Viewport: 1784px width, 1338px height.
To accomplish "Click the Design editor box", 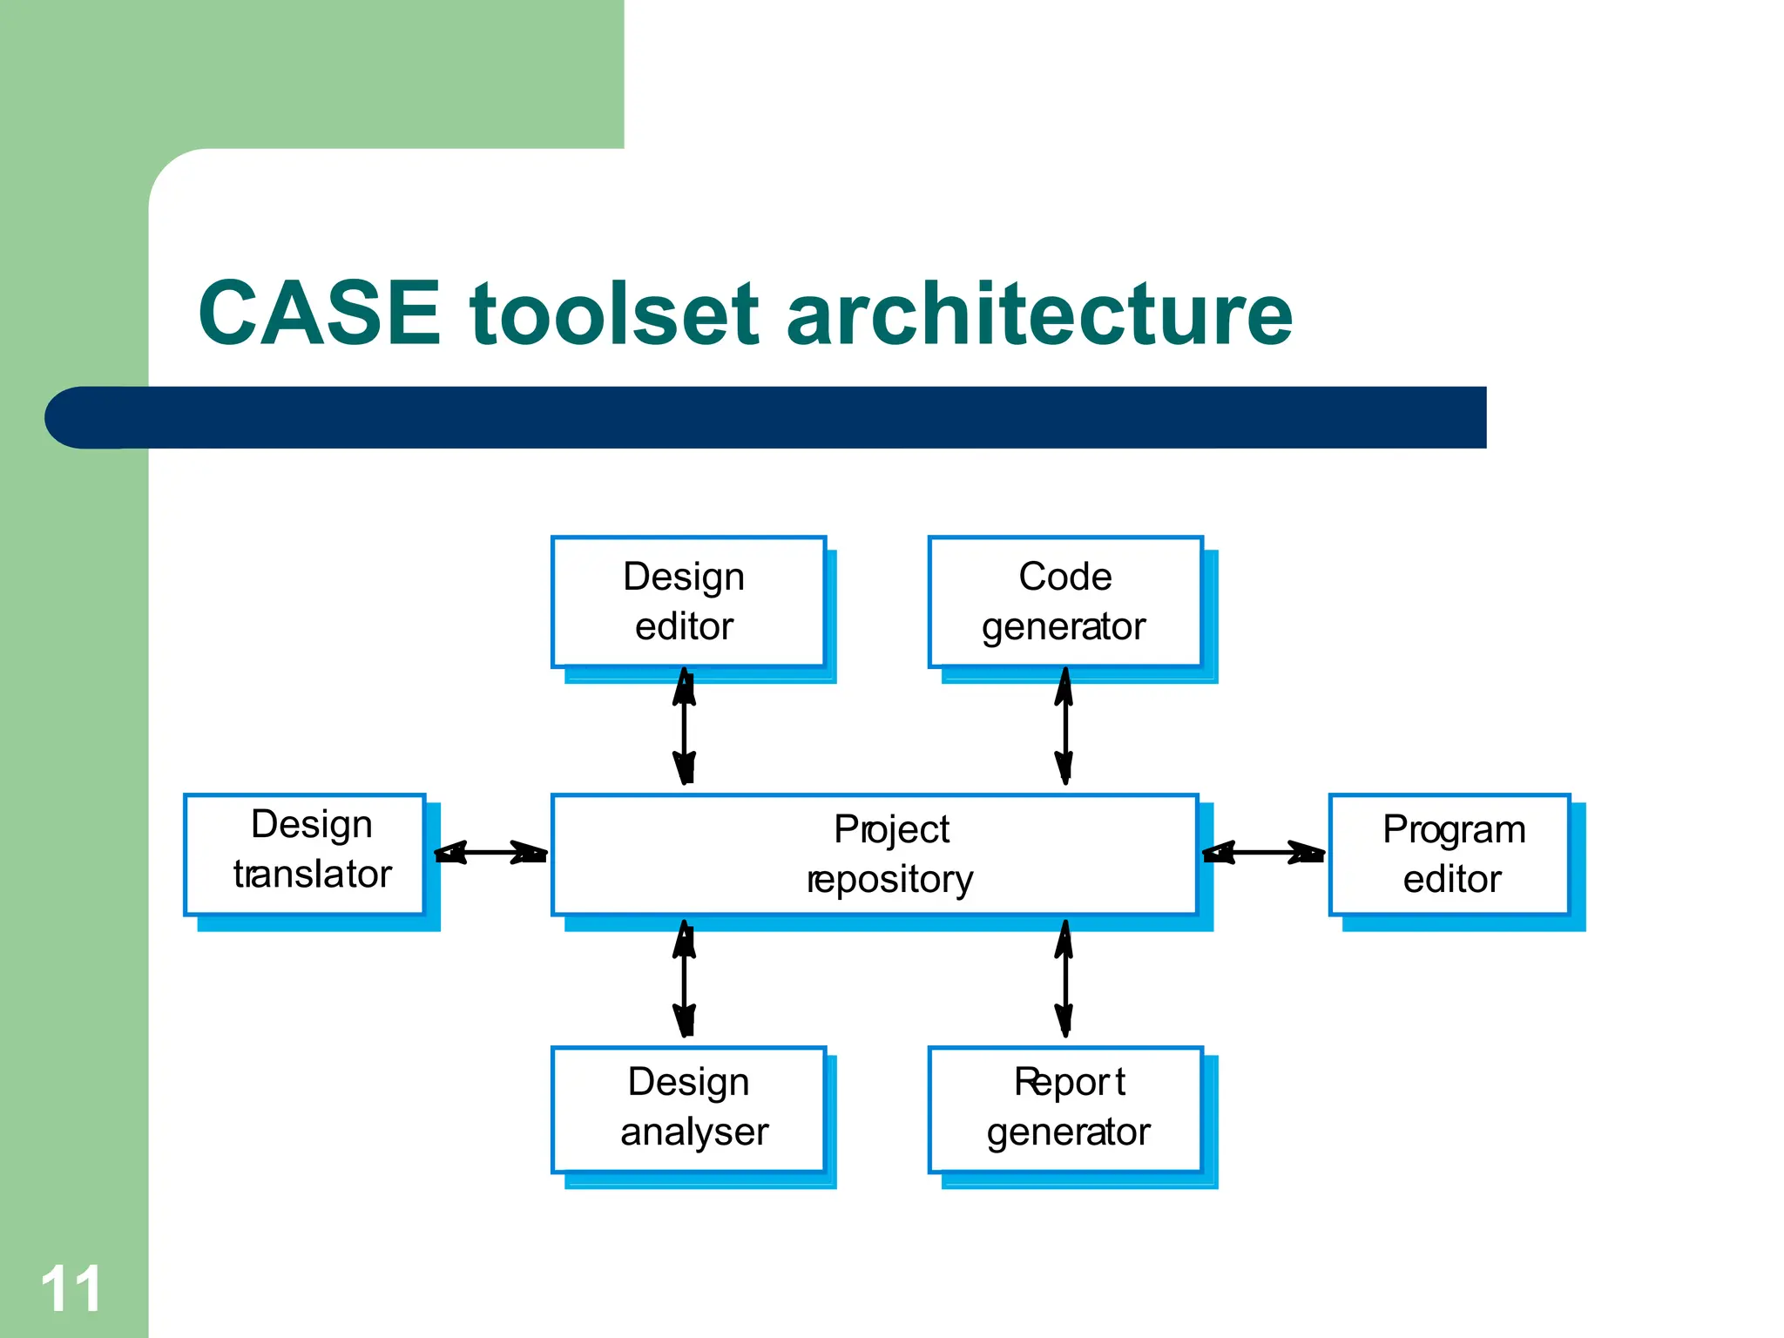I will (x=688, y=601).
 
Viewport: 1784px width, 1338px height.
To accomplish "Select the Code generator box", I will (x=1064, y=601).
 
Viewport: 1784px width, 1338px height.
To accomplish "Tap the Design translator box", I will (x=305, y=854).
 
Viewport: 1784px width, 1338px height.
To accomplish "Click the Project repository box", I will (x=875, y=854).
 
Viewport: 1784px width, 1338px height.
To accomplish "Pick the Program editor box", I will (x=1449, y=854).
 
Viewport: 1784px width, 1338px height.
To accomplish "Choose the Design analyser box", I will (x=688, y=1108).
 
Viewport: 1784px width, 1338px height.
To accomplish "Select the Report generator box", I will (x=1064, y=1108).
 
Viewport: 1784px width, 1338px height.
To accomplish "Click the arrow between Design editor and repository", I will (x=685, y=726).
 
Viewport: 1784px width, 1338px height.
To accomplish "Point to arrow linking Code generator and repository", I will (x=1064, y=726).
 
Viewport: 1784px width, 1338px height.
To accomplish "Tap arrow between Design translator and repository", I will (x=490, y=852).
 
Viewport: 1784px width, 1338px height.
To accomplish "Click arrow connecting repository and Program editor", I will (x=1263, y=852).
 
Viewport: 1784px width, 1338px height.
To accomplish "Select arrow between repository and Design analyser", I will (x=685, y=979).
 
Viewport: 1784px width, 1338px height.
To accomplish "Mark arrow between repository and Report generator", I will (x=1064, y=979).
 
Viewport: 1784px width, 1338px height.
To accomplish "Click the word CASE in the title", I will (x=320, y=314).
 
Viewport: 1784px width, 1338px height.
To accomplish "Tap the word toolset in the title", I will (x=615, y=314).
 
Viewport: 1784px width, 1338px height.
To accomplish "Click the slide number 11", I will (x=71, y=1289).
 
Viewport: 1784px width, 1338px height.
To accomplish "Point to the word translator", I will (x=313, y=875).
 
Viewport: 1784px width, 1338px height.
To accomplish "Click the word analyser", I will (x=694, y=1132).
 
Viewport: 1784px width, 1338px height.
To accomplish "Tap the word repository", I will (x=889, y=880).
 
